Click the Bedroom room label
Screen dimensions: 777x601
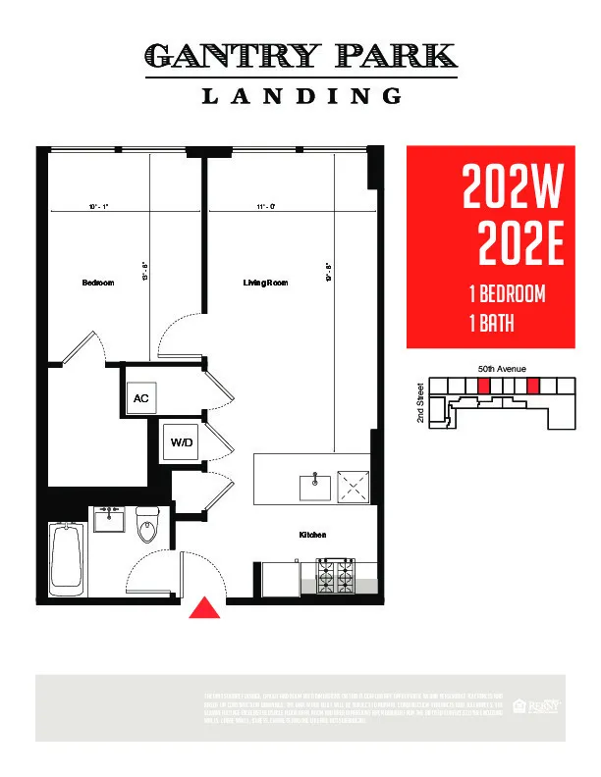coord(97,283)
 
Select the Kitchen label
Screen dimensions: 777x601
coord(312,535)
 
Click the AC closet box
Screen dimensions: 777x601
coord(140,398)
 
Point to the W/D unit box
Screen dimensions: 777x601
coord(184,443)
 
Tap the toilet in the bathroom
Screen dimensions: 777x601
coord(148,527)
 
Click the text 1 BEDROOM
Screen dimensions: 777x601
coord(507,295)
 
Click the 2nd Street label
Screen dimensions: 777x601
coord(420,401)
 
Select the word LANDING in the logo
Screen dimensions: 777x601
coord(301,96)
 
